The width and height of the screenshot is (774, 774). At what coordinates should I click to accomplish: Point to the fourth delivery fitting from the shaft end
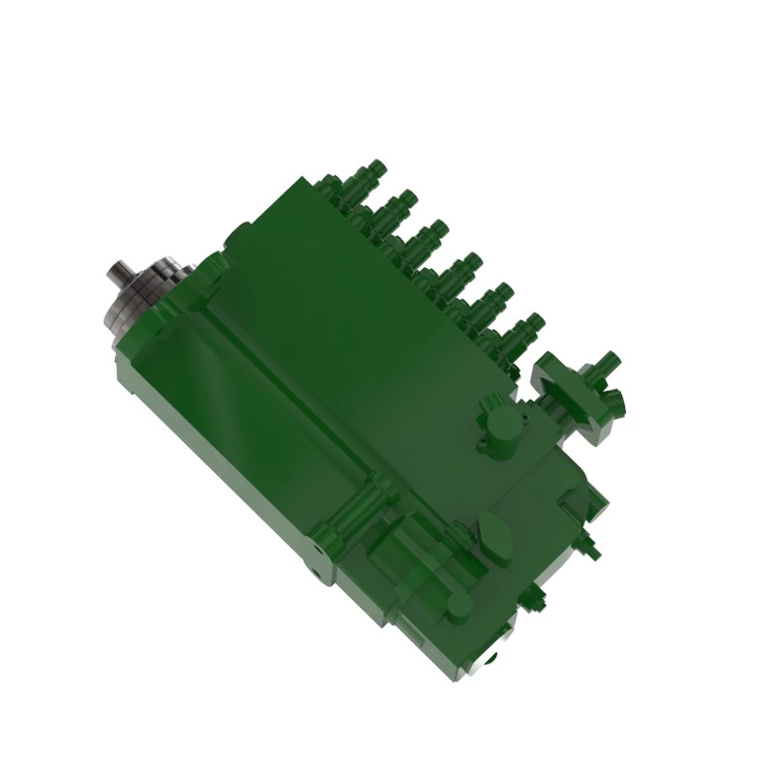[x=462, y=266]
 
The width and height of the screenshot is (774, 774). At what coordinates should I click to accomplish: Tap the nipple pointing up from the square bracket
[x=608, y=364]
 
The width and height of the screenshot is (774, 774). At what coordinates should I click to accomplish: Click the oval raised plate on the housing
[x=496, y=538]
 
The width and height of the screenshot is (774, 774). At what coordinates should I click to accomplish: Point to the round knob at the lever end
[x=459, y=606]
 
